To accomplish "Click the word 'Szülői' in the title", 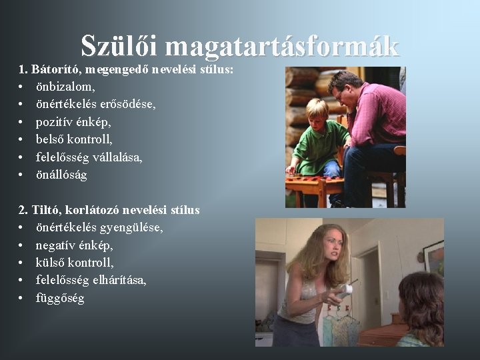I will point(120,45).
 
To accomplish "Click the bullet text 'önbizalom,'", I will point(65,87).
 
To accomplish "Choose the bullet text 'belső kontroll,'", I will point(74,139).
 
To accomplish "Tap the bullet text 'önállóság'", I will point(61,175).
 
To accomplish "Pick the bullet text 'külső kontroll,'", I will point(75,263).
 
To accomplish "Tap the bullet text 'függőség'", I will point(60,298).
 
